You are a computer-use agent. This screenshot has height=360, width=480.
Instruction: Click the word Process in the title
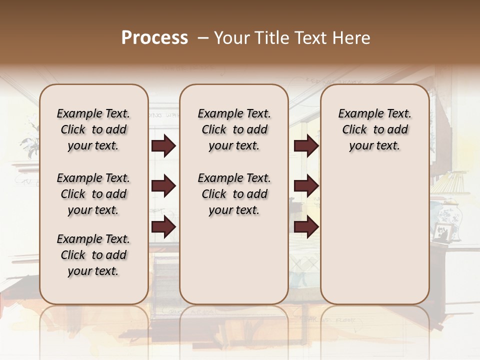pos(154,38)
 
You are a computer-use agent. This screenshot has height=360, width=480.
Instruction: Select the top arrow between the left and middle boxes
pos(163,146)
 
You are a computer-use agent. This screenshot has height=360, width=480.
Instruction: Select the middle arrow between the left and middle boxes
pos(163,186)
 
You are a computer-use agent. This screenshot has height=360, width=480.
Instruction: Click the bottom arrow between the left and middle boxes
pos(163,226)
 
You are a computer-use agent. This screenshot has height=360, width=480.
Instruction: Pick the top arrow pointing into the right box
pos(306,146)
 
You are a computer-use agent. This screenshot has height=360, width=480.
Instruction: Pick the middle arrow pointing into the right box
pos(306,186)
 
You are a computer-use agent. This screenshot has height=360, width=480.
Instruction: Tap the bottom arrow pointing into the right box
pos(306,226)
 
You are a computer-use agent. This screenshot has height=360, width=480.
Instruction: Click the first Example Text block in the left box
pos(93,129)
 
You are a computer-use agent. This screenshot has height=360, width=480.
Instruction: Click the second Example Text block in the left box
pos(93,194)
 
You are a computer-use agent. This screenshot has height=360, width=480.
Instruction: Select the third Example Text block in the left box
pos(93,255)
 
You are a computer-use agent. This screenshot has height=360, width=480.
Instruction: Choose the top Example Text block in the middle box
pos(234,129)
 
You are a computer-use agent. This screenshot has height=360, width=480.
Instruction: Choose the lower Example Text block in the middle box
pos(234,194)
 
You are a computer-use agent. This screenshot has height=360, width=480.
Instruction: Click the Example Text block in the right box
pos(374,129)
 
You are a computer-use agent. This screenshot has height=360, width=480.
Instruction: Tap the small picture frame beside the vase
pos(442,232)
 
